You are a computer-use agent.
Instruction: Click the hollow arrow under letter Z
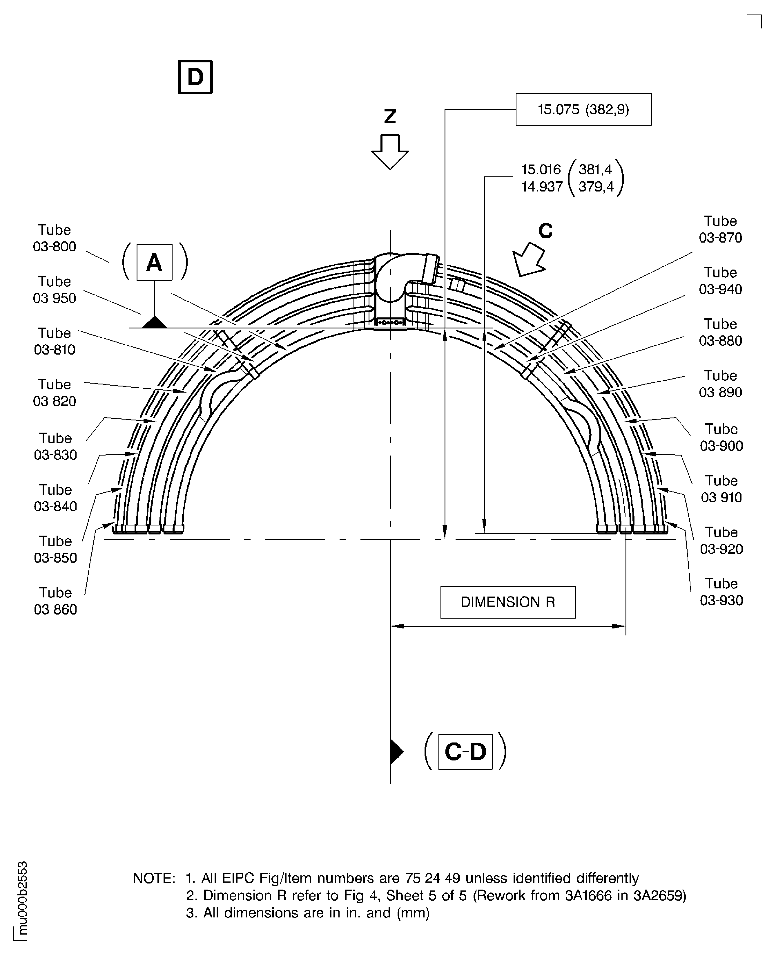[390, 152]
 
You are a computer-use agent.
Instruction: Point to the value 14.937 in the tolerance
[541, 187]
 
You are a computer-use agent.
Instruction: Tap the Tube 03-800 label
[55, 238]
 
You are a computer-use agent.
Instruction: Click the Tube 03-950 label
[55, 289]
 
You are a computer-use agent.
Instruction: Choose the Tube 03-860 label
[55, 601]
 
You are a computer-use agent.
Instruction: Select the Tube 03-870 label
[720, 229]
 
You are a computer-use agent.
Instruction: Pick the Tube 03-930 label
[721, 592]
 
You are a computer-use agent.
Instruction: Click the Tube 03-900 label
[721, 437]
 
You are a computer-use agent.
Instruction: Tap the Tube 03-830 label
[55, 446]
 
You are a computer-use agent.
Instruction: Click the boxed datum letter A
[154, 263]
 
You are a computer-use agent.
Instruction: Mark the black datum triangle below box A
[154, 322]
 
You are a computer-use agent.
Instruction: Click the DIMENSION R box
[508, 602]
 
